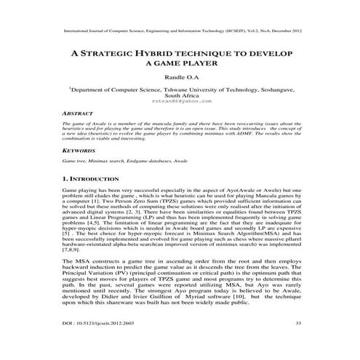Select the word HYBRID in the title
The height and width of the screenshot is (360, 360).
[169, 54]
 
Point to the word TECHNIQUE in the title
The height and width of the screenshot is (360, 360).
[217, 54]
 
